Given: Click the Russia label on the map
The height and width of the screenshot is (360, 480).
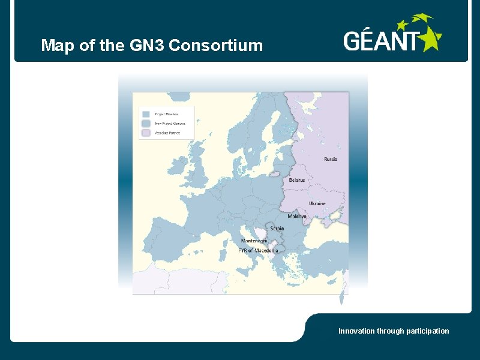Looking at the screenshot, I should [331, 159].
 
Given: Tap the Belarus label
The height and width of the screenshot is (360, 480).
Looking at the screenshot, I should [297, 180].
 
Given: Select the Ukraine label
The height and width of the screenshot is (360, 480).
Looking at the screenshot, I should [317, 203].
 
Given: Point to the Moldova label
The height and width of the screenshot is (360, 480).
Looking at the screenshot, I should [297, 216].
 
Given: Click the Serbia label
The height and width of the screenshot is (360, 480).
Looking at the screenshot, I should [277, 228].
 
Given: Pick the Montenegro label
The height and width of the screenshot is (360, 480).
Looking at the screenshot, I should [254, 241].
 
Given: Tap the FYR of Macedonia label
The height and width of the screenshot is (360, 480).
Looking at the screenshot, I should [258, 250].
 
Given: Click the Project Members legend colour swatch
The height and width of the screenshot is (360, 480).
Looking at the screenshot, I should [146, 113].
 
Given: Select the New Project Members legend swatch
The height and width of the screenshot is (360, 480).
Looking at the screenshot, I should [146, 123].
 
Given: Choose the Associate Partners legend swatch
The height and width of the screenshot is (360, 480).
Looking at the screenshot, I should [146, 133].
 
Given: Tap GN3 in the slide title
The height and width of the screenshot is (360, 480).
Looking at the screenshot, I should [148, 45].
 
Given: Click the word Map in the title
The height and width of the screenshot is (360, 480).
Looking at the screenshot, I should [54, 45].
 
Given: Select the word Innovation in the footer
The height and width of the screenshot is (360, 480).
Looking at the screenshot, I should [356, 331].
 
